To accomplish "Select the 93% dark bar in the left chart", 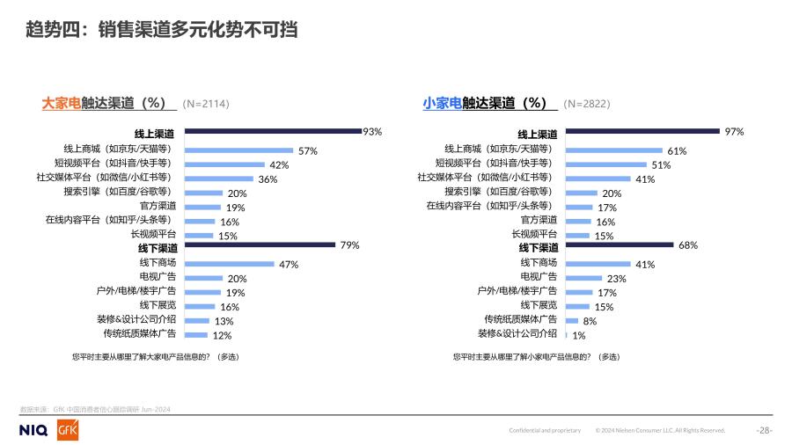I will (273, 132).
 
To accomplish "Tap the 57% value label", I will (308, 151).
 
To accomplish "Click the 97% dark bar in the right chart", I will (642, 132).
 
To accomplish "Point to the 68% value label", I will (687, 245).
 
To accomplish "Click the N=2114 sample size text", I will (206, 104).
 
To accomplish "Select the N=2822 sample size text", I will (586, 104).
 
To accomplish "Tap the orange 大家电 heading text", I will (61, 103).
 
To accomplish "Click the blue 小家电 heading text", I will (442, 103).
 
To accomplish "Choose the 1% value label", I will (579, 335).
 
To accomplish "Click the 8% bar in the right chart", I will (571, 320).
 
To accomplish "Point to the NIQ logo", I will (35, 429).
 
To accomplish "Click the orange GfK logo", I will (68, 429).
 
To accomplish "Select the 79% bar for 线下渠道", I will (260, 245).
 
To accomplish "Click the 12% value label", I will (222, 335).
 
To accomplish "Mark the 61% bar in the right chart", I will (613, 150).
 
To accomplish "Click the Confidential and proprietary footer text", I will (545, 430).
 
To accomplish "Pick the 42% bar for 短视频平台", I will (225, 164).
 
